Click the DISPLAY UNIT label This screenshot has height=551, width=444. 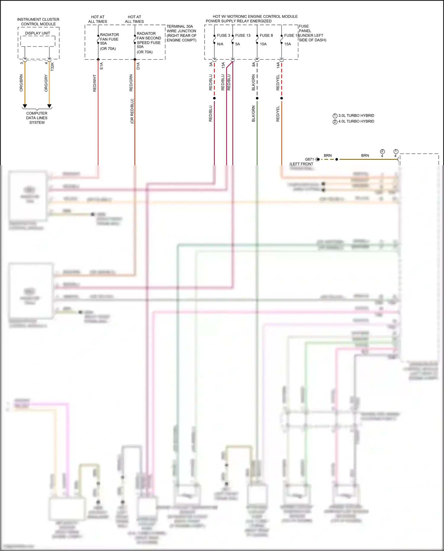click(38, 33)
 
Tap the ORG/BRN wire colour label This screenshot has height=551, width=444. click(21, 83)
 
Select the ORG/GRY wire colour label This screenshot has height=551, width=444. click(46, 83)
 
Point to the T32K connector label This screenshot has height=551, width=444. click(52, 66)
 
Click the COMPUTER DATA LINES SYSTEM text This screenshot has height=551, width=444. click(37, 118)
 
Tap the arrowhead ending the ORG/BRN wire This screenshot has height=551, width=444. click(25, 106)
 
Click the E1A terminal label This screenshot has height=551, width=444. click(102, 66)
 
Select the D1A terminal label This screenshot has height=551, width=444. click(138, 66)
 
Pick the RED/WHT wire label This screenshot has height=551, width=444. click(95, 83)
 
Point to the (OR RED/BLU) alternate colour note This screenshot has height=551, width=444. click(132, 111)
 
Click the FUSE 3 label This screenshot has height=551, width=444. click(223, 36)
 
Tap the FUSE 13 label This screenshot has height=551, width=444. click(243, 36)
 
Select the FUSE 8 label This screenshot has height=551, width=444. click(266, 36)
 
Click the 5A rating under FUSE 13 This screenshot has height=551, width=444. click(238, 44)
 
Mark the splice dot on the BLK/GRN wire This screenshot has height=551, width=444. click(257, 98)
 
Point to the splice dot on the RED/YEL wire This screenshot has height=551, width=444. click(281, 98)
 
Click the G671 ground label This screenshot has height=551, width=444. click(309, 159)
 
